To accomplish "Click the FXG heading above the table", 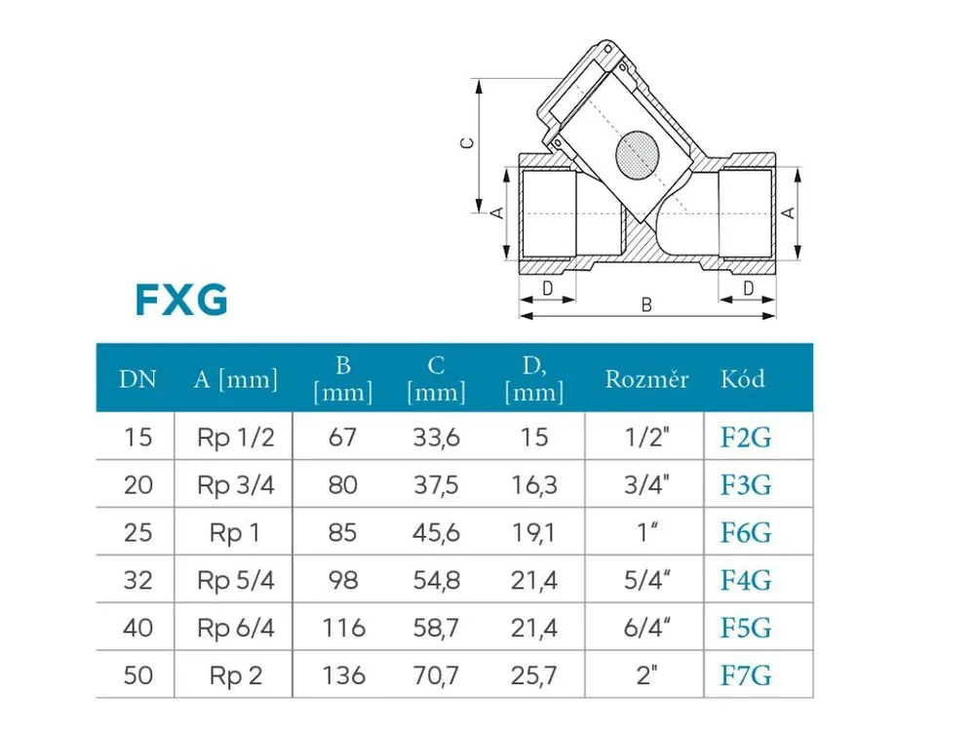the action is (x=181, y=300).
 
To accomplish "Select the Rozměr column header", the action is (x=646, y=378).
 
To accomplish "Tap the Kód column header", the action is (x=742, y=378).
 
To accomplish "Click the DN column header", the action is (x=137, y=378).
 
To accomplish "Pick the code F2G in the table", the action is (x=746, y=438).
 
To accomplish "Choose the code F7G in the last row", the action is (x=746, y=675).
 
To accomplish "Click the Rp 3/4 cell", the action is (x=236, y=485).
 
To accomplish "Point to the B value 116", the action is (x=343, y=628).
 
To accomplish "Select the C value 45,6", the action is (x=436, y=533).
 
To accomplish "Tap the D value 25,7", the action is (x=533, y=675).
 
